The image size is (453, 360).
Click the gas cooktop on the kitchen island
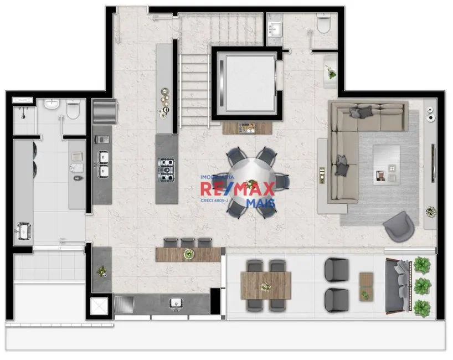coord(167,166)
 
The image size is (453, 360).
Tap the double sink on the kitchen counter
coord(103,164)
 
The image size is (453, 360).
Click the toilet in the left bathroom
coord(73,110)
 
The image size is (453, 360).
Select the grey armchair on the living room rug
coord(399,227)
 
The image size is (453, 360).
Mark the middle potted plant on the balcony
coord(423,286)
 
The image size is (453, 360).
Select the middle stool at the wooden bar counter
coord(189,242)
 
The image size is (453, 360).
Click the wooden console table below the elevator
coord(248,127)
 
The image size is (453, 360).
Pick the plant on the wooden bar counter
coord(189,254)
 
